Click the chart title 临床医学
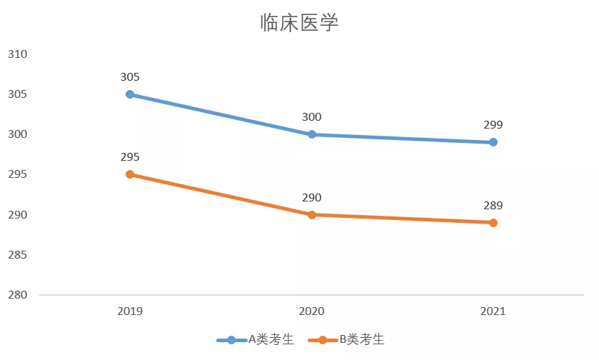[299, 23]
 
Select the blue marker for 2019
[130, 94]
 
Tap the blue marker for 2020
[312, 134]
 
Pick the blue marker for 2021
[493, 142]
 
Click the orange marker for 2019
[130, 174]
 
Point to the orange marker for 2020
[312, 214]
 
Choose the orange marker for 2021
[493, 222]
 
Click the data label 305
[130, 77]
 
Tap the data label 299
[493, 125]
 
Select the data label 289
[493, 206]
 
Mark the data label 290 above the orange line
[312, 198]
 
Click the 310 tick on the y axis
[17, 54]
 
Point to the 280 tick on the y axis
[17, 295]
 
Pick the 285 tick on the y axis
[17, 255]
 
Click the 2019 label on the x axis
[130, 311]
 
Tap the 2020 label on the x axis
[312, 311]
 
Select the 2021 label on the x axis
[493, 311]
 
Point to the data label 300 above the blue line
[312, 117]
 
